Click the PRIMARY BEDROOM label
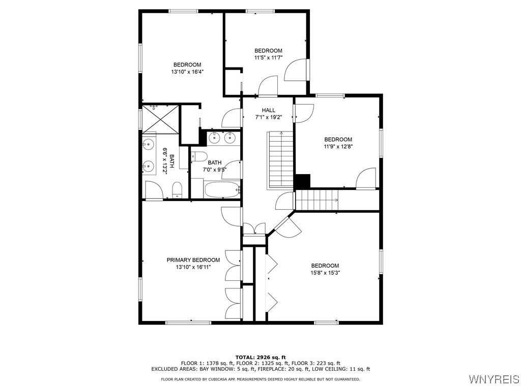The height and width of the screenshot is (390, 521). click(193, 259)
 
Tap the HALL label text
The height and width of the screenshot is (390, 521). click(268, 110)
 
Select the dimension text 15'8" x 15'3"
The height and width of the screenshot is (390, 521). click(325, 273)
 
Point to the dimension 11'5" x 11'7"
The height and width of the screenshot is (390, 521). click(268, 58)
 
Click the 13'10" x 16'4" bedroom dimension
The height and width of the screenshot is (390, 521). click(187, 72)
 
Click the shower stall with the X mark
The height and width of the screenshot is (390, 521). click(160, 118)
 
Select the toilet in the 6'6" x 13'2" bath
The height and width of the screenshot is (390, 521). click(177, 189)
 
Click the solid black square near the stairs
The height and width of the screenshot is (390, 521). click(302, 181)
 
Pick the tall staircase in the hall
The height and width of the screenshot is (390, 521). click(281, 159)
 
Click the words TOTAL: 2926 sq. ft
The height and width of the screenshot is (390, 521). click(260, 357)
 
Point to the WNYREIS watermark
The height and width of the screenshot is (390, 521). click(494, 379)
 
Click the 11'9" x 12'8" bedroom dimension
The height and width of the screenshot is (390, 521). click(338, 147)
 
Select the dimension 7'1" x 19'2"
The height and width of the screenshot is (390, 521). click(268, 117)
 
